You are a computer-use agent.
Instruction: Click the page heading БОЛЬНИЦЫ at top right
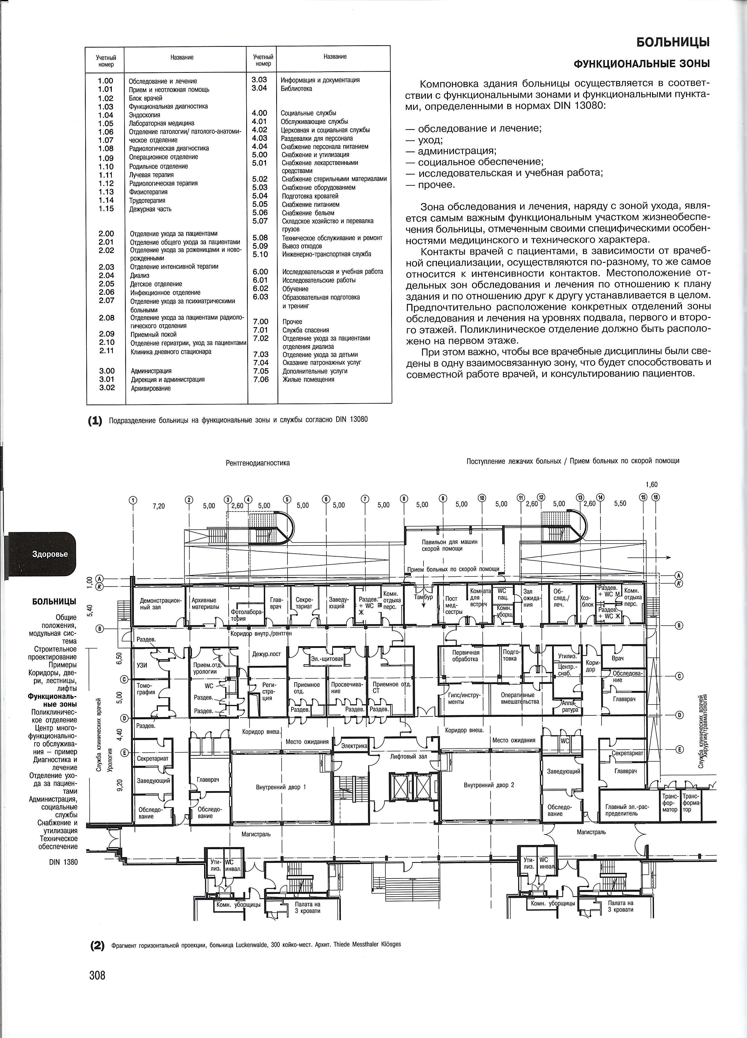(x=673, y=43)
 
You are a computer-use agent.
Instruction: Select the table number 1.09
(x=106, y=158)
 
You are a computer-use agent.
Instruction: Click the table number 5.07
(x=260, y=221)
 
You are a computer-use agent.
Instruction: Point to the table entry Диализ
(x=140, y=276)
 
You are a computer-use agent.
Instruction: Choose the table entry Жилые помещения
(x=309, y=379)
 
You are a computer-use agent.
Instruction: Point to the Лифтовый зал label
(x=409, y=757)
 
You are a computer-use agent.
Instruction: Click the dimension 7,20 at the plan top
(x=158, y=506)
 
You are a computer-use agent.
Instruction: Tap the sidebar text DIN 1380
(x=64, y=862)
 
